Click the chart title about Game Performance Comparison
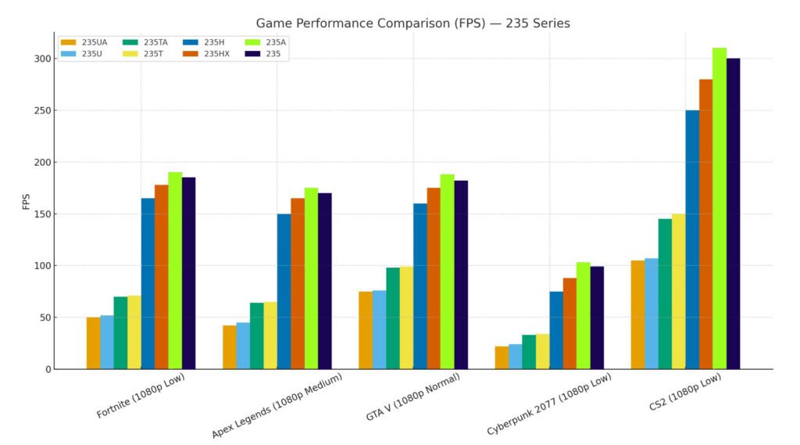click(x=412, y=23)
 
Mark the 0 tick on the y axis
click(x=48, y=369)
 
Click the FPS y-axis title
click(x=27, y=201)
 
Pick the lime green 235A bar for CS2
click(x=720, y=208)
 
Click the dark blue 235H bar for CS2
click(x=692, y=239)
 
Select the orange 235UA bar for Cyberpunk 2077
click(x=502, y=357)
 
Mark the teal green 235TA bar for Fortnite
click(x=120, y=332)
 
